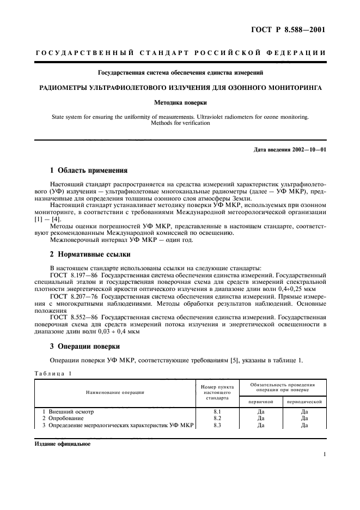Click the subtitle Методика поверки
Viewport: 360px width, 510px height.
(180, 102)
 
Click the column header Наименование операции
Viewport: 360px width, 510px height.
(115, 392)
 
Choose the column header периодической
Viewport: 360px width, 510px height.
(304, 401)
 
